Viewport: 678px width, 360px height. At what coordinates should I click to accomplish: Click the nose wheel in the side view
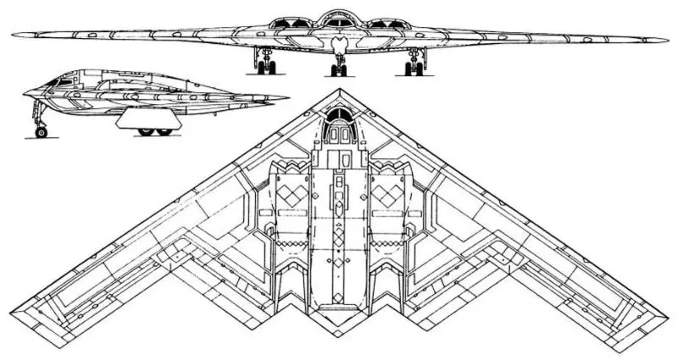(40, 131)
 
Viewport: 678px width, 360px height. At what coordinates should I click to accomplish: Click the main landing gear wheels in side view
(153, 131)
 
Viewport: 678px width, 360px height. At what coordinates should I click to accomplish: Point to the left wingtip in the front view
(14, 35)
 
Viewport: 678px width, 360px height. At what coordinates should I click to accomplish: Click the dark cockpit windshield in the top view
(339, 114)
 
